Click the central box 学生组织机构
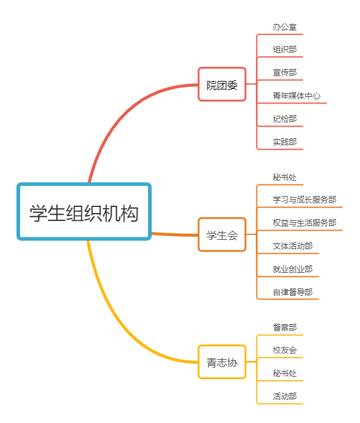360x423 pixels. pyautogui.click(x=84, y=212)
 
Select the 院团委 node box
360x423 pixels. pyautogui.click(x=222, y=84)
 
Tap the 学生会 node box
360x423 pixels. pyautogui.click(x=222, y=234)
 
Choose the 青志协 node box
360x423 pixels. pyautogui.click(x=222, y=362)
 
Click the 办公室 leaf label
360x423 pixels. pyautogui.click(x=284, y=27)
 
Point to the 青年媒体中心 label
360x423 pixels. pyautogui.click(x=297, y=96)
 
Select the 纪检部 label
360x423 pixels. pyautogui.click(x=284, y=119)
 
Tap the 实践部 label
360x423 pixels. pyautogui.click(x=284, y=142)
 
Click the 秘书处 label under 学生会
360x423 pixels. pyautogui.click(x=284, y=177)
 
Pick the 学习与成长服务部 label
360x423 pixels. pyautogui.click(x=305, y=200)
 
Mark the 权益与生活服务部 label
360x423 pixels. pyautogui.click(x=305, y=223)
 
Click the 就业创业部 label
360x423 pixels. pyautogui.click(x=292, y=269)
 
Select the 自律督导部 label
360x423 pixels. pyautogui.click(x=292, y=292)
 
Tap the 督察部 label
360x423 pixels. pyautogui.click(x=284, y=327)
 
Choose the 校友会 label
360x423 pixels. pyautogui.click(x=284, y=350)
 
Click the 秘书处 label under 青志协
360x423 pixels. pyautogui.click(x=284, y=373)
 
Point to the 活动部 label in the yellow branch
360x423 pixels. pyautogui.click(x=284, y=396)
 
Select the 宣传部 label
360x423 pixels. pyautogui.click(x=284, y=72)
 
